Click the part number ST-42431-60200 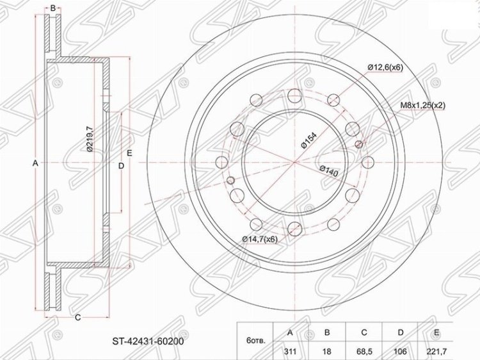(148, 341)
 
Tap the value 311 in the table (290, 352)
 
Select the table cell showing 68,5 (364, 352)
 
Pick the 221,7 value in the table (437, 352)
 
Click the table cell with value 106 (400, 352)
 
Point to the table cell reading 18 (327, 352)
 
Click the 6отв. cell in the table (255, 340)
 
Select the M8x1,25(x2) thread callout (423, 106)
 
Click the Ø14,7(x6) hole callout (260, 240)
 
